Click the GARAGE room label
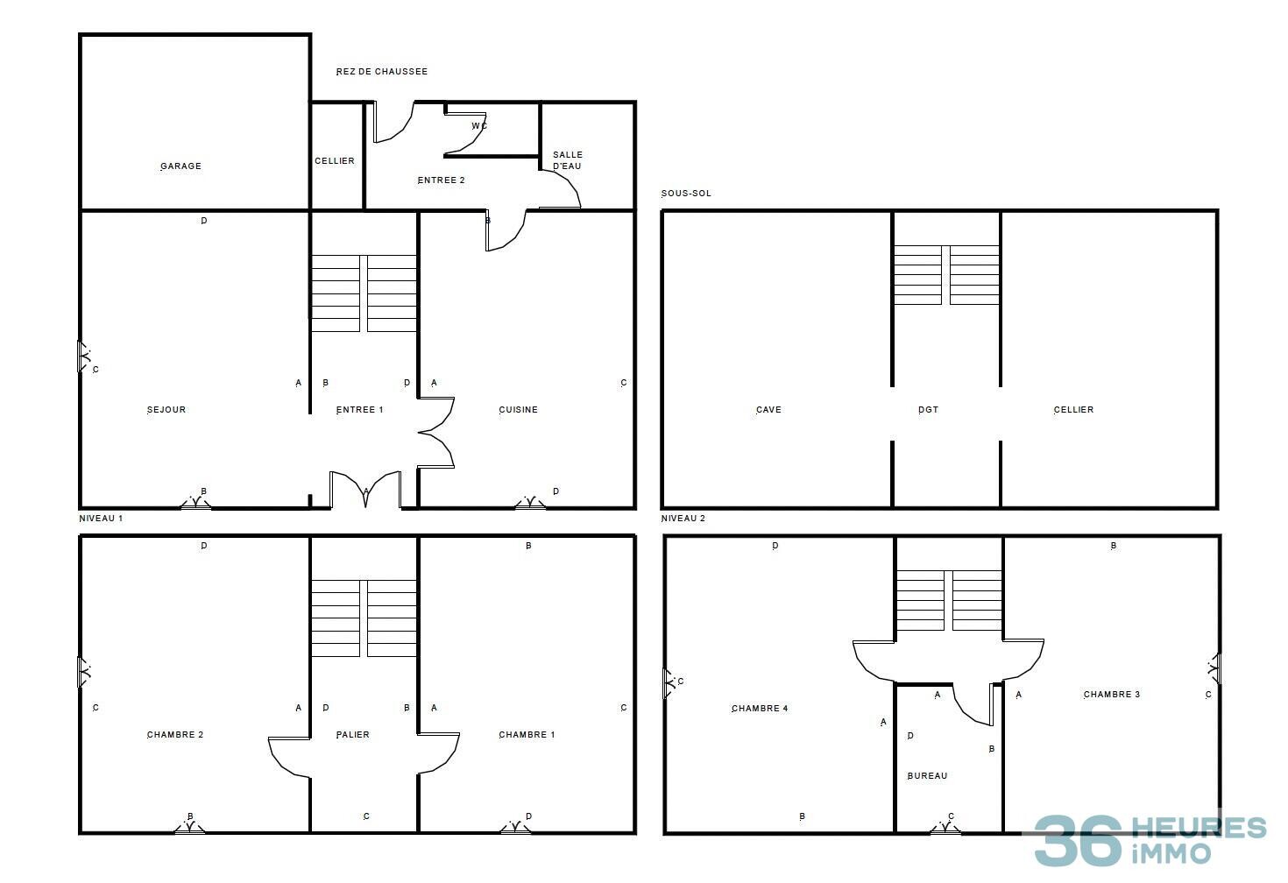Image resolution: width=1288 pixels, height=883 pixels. tap(180, 166)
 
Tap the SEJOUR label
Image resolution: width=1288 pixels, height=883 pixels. tap(166, 410)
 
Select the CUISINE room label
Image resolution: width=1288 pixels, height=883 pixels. tap(518, 410)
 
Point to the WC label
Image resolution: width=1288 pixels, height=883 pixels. tap(479, 126)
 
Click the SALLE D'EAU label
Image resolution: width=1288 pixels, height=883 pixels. tap(568, 160)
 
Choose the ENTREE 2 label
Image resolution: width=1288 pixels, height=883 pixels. tap(441, 180)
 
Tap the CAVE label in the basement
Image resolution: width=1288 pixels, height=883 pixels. tap(768, 410)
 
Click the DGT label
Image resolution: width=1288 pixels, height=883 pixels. tap(928, 410)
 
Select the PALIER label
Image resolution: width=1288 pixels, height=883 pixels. tap(353, 735)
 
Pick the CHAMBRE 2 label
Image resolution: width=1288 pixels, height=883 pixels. tap(175, 735)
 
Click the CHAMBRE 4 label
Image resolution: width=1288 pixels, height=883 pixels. tap(760, 709)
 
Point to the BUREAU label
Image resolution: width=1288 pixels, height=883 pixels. tap(927, 776)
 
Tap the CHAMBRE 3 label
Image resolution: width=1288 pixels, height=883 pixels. tap(1112, 695)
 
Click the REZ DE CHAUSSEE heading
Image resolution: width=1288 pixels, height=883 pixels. tap(382, 72)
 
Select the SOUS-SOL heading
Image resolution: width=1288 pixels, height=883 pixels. tap(686, 194)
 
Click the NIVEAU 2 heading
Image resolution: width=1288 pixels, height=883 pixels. tap(683, 519)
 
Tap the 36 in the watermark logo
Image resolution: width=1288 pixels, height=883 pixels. tap(1078, 840)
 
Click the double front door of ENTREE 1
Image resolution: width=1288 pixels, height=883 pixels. tap(365, 491)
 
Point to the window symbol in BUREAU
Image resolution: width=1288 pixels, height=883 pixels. tap(945, 827)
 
